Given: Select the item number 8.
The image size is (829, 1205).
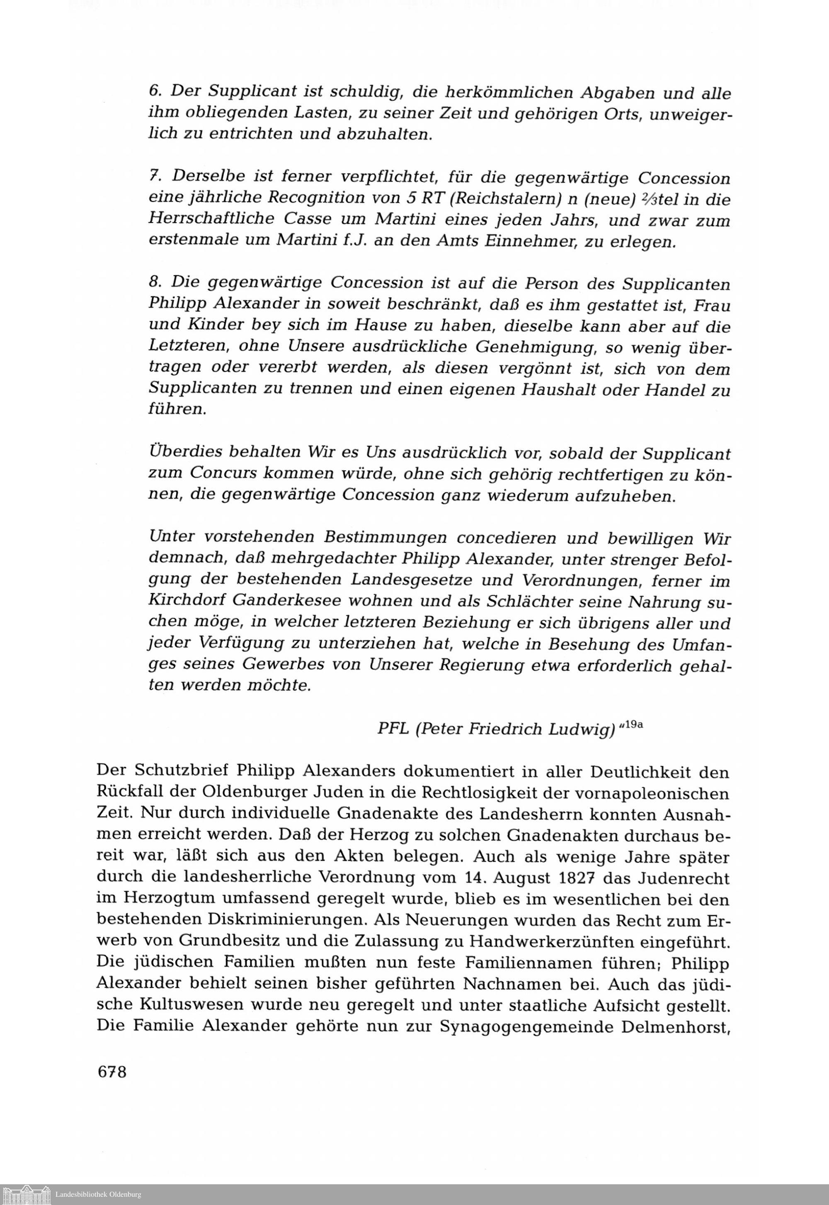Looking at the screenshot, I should click(x=154, y=283).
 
